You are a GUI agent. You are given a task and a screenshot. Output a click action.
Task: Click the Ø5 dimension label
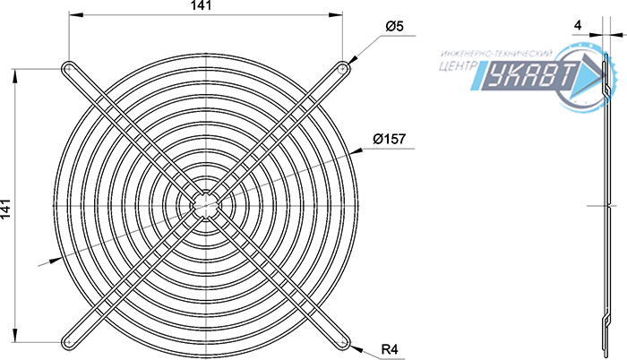(x=394, y=26)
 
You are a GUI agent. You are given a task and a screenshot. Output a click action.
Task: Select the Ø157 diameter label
(x=389, y=139)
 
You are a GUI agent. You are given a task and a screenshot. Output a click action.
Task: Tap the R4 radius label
(x=390, y=349)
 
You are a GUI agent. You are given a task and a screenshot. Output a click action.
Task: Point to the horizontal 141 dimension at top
(x=200, y=5)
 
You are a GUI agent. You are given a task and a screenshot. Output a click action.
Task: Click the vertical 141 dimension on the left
(x=5, y=209)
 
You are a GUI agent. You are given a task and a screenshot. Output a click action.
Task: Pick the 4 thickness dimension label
(x=578, y=25)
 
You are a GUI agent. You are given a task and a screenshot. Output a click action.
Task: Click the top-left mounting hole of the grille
(x=68, y=69)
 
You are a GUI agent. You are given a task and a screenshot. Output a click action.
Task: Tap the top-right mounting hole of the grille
(x=343, y=69)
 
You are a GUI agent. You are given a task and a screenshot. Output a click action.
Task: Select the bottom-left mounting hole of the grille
(x=68, y=343)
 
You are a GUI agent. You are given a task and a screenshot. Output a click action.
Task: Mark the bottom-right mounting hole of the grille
(x=343, y=343)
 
